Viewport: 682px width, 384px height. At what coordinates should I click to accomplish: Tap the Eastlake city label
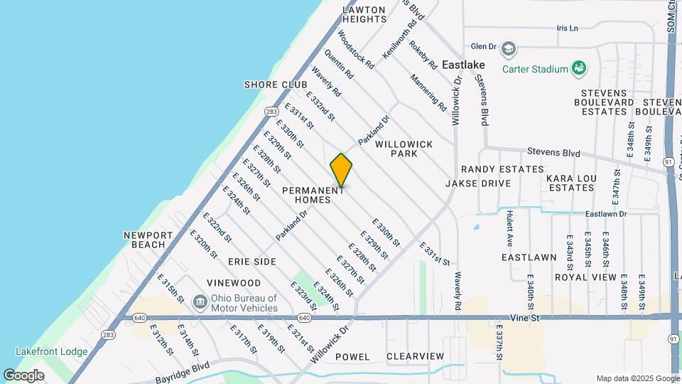463,64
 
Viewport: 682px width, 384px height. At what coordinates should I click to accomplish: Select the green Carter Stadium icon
580,68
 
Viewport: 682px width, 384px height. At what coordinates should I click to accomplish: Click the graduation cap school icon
508,48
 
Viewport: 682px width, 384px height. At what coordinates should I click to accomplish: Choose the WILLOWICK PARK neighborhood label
404,149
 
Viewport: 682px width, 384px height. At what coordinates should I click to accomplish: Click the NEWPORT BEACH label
148,240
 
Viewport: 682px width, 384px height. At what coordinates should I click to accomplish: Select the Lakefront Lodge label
52,351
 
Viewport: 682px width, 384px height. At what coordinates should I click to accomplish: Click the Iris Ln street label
568,28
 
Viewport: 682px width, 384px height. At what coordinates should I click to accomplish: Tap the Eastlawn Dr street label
607,213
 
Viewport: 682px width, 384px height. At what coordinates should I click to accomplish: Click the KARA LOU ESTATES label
570,183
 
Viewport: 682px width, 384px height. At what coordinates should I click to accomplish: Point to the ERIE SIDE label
254,262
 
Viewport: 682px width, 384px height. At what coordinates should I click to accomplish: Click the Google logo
23,375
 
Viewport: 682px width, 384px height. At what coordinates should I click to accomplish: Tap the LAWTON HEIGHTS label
364,14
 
